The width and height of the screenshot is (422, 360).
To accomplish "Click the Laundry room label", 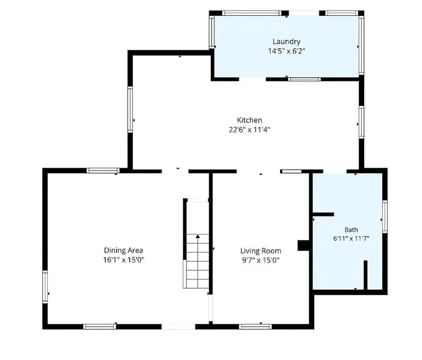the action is [x=286, y=41].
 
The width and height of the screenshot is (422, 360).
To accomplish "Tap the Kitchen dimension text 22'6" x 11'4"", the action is [x=249, y=130].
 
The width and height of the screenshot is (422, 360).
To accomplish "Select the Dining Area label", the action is [x=123, y=250].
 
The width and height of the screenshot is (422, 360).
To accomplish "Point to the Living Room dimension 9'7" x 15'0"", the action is [x=261, y=260].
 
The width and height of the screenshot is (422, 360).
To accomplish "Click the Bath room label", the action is [x=351, y=230].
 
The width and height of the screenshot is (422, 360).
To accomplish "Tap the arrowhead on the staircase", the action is [x=198, y=236].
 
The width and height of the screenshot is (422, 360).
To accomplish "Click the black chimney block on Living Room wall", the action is [x=303, y=245].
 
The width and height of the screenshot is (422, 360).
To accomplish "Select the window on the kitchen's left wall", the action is [x=130, y=110].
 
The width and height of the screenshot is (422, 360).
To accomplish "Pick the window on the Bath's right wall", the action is [x=385, y=217].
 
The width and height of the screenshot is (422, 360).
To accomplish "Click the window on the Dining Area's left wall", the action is [x=45, y=287].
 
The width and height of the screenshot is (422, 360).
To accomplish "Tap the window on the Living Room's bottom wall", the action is [x=255, y=327].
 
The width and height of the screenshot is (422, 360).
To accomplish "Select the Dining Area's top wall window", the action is [x=103, y=170].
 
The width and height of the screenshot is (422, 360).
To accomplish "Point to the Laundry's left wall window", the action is [x=212, y=32].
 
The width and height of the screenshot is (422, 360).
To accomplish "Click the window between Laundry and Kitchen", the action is [x=304, y=79].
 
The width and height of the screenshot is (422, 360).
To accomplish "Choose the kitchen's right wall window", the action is [x=362, y=122].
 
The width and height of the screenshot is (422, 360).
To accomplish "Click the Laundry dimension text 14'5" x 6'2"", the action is [x=286, y=51].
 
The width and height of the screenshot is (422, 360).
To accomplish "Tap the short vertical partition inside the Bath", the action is [x=365, y=275].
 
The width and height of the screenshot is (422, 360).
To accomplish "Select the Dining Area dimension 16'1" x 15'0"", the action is [x=123, y=260].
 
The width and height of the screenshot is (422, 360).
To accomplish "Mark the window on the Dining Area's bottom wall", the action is [x=100, y=327].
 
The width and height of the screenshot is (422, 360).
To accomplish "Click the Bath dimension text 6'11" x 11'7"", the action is [x=351, y=238].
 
